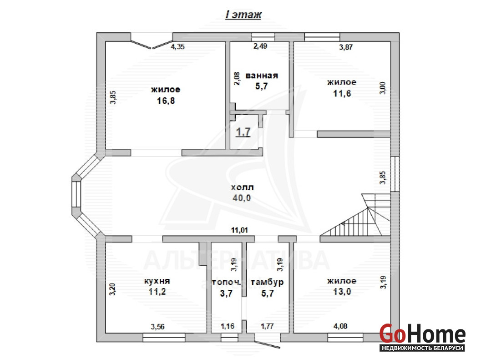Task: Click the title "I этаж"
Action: tap(243, 15)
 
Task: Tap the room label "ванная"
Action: tap(262, 76)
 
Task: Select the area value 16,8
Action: tap(166, 101)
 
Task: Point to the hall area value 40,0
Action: tap(242, 197)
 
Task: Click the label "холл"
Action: tap(243, 187)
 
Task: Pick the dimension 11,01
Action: tap(240, 230)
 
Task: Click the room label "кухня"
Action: tap(157, 281)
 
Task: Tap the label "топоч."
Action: tap(226, 282)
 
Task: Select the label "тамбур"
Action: tap(267, 283)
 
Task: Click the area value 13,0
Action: tap(342, 292)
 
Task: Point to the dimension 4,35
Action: tap(178, 46)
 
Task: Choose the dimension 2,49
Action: tap(260, 46)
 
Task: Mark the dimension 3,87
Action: tap(346, 47)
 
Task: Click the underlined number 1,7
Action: tap(243, 132)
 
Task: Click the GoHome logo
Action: tap(422, 337)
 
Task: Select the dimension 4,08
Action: tap(340, 326)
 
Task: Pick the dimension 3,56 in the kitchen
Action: tap(158, 327)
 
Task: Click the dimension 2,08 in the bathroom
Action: tap(237, 79)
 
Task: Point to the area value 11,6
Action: tap(342, 93)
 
